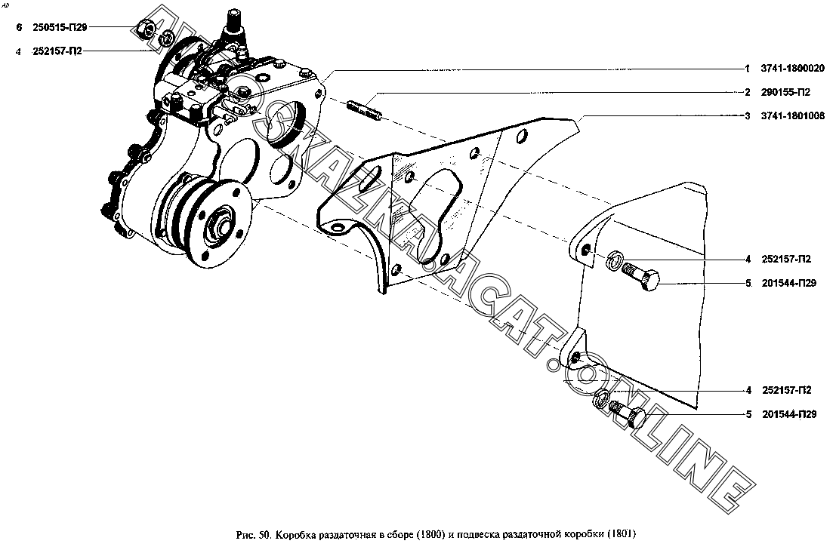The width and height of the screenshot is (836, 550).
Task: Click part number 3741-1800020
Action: point(793,69)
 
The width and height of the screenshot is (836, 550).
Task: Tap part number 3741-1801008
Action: point(793,115)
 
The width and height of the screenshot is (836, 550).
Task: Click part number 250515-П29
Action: point(62,27)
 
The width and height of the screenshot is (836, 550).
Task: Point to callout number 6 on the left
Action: point(20,27)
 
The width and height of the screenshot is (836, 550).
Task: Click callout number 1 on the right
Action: point(747,69)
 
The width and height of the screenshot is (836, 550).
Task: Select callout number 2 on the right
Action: point(747,92)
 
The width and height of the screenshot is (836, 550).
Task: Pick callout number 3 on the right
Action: point(747,115)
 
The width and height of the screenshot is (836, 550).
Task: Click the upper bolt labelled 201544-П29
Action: point(643,277)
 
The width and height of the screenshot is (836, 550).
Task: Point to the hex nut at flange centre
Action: point(220,222)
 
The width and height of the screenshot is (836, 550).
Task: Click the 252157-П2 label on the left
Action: point(57,51)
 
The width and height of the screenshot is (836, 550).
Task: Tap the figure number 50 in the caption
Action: point(264,535)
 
